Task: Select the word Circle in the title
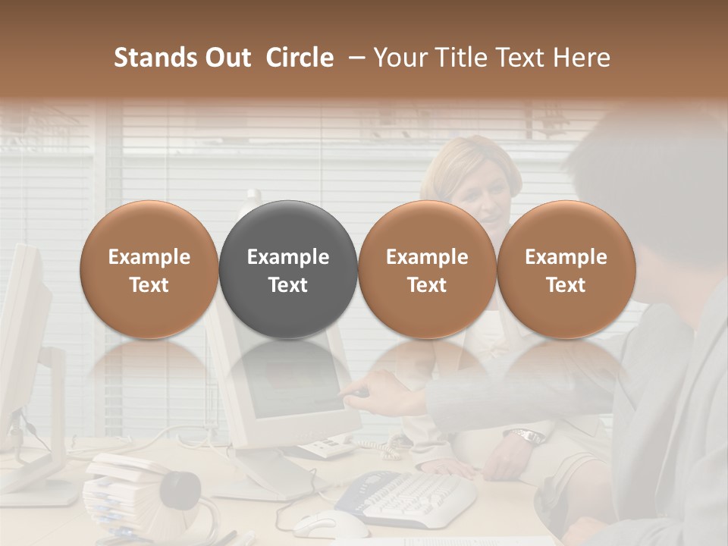click(300, 58)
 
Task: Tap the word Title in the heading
click(458, 58)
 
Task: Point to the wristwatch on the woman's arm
click(528, 436)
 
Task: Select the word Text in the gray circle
click(287, 285)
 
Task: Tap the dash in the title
click(353, 58)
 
